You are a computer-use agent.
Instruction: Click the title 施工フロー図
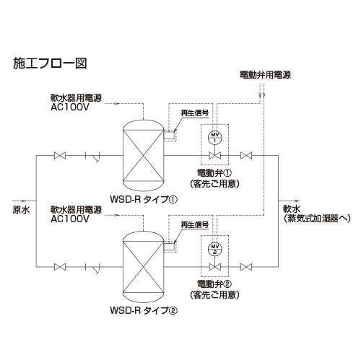(x=50, y=63)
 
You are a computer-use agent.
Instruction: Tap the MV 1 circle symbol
(x=215, y=137)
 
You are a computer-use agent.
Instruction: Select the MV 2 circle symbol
(x=215, y=249)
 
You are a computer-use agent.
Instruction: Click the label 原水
(x=21, y=210)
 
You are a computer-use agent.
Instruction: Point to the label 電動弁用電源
(x=265, y=75)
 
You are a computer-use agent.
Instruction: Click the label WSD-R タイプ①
(x=144, y=199)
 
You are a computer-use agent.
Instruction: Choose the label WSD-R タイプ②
(x=144, y=310)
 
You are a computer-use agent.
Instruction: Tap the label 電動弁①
(x=214, y=172)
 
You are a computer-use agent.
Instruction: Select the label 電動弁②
(x=214, y=284)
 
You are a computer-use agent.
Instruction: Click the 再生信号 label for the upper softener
(x=195, y=113)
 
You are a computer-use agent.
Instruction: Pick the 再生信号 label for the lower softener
(x=195, y=225)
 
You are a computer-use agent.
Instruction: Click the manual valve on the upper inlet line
(x=60, y=156)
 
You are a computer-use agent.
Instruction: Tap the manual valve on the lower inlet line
(x=60, y=267)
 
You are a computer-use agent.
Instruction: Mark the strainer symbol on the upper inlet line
(x=93, y=157)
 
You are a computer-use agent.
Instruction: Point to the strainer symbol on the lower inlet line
(x=93, y=268)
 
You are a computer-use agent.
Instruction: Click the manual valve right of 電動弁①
(x=246, y=156)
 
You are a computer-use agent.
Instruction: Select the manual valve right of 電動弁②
(x=246, y=267)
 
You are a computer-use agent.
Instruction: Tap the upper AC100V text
(x=70, y=107)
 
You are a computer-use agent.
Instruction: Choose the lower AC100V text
(x=70, y=219)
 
